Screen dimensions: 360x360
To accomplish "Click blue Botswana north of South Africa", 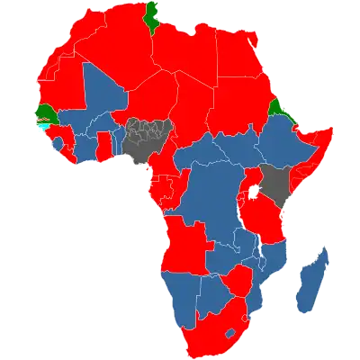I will tap(215, 292).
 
